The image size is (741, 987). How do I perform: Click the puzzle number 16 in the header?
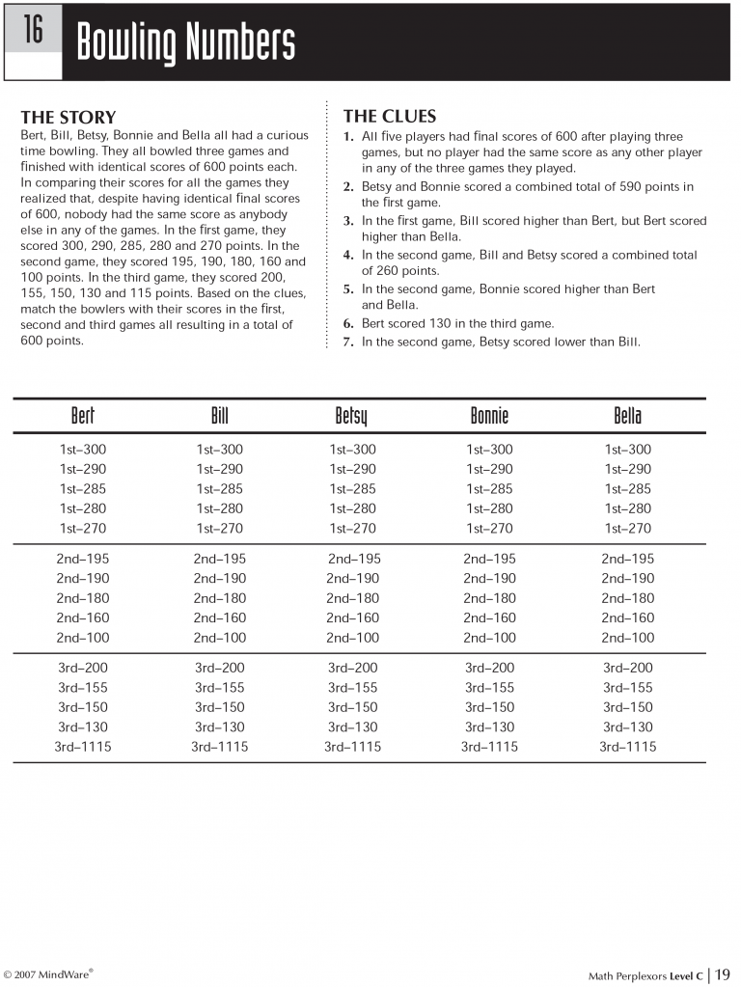(x=34, y=30)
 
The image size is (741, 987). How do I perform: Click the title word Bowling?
(x=130, y=43)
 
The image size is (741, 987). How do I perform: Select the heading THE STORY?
(x=68, y=118)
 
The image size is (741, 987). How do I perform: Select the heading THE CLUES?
(x=389, y=117)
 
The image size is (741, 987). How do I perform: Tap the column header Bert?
(x=83, y=416)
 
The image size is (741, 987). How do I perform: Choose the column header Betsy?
(x=351, y=417)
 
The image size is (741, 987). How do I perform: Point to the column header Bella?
(x=627, y=416)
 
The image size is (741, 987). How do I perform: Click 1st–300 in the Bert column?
(x=83, y=450)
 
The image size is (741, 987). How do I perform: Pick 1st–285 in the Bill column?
(x=220, y=489)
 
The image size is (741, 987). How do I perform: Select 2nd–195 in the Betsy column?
(x=354, y=559)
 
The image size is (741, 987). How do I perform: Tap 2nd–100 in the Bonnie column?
(x=489, y=638)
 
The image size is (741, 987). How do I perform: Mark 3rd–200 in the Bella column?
(x=627, y=668)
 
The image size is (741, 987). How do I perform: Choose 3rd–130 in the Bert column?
(x=82, y=727)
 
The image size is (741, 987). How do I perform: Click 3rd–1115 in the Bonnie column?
(x=489, y=747)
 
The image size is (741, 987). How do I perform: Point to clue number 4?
(x=348, y=256)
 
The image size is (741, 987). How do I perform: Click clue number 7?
(x=348, y=342)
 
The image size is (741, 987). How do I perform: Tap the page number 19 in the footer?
(x=723, y=973)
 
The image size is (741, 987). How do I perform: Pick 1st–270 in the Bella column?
(x=627, y=529)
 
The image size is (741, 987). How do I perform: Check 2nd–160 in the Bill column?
(x=219, y=617)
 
